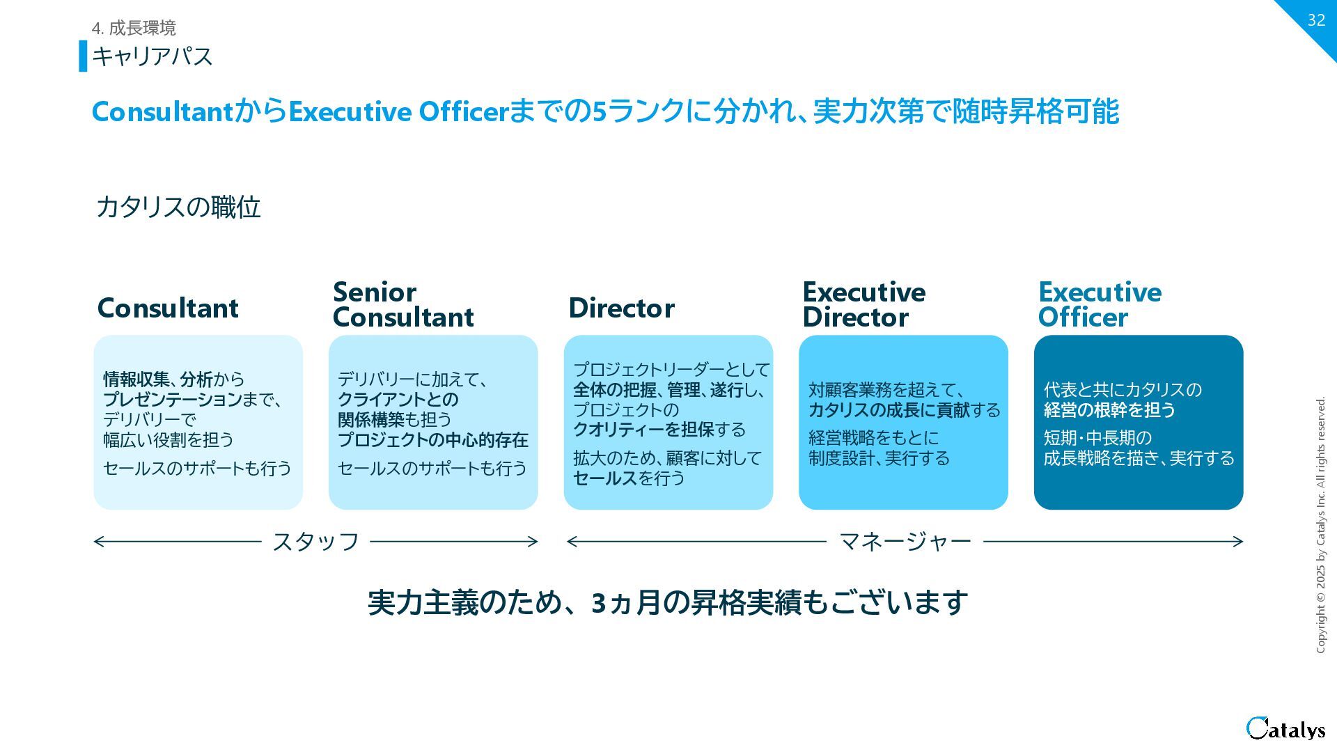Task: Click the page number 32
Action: [1315, 20]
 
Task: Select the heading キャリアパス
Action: [152, 56]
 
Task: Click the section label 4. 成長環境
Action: [134, 28]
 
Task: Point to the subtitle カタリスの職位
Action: [178, 207]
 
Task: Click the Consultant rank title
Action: [168, 308]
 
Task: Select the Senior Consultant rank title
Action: [403, 304]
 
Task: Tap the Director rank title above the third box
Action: [621, 308]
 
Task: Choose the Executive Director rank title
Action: [863, 304]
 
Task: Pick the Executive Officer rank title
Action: [1100, 304]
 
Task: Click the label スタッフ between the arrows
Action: [315, 542]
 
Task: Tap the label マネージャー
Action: [905, 542]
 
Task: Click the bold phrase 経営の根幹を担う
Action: [1109, 410]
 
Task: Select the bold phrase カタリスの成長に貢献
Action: [889, 410]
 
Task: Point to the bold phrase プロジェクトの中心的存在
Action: [433, 440]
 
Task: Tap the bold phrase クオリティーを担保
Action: [644, 430]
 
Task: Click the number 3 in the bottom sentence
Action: [599, 603]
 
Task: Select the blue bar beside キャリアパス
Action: [83, 56]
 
